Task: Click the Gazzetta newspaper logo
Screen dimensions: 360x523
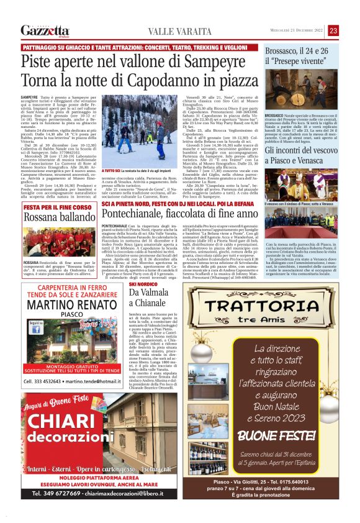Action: [45, 30]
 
